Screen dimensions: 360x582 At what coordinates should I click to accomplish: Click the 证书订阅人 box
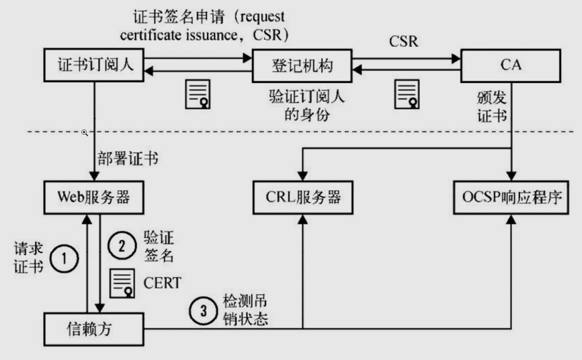[x=95, y=65]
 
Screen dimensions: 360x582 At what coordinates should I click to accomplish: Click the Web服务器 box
[x=94, y=197]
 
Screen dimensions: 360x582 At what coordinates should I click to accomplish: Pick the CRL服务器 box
[x=303, y=197]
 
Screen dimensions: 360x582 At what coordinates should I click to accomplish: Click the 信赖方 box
[x=94, y=329]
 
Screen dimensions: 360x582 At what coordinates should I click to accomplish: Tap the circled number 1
[x=64, y=258]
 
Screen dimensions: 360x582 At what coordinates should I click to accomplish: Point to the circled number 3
[x=203, y=311]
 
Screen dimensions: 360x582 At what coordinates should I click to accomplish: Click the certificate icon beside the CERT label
[x=122, y=283]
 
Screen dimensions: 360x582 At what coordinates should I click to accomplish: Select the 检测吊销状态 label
[x=246, y=310]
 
